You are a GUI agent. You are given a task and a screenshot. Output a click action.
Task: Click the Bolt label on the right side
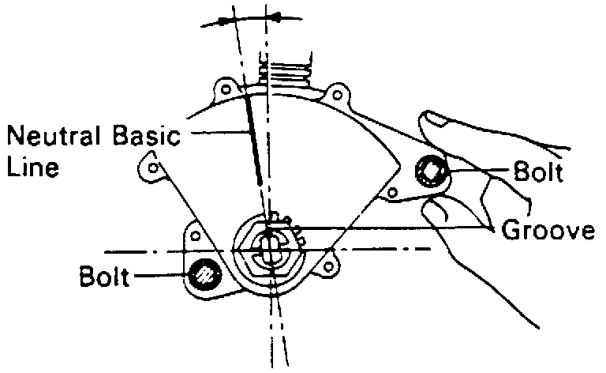(x=538, y=173)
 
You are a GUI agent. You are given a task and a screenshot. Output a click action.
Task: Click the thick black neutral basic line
(x=254, y=138)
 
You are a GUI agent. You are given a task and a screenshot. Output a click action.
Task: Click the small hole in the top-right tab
(x=337, y=96)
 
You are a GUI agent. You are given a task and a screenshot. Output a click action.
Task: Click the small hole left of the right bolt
(x=390, y=192)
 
